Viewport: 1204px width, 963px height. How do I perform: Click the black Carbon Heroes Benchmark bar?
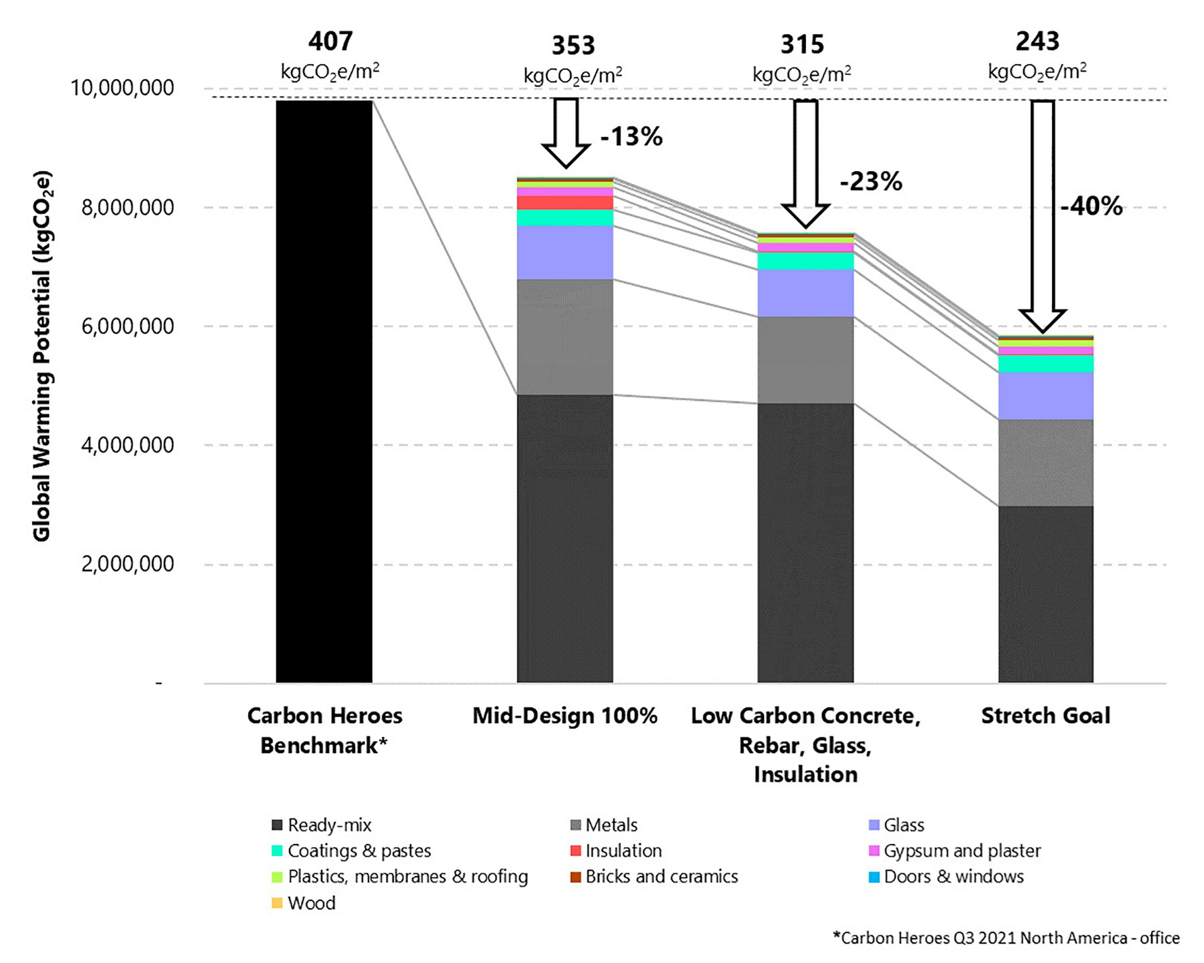pos(324,391)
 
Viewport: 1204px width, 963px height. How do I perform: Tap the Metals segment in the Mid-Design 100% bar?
pos(565,336)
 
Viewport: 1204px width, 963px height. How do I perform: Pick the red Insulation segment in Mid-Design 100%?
pos(565,203)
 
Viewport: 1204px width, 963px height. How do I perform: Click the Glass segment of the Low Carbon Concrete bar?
pos(805,293)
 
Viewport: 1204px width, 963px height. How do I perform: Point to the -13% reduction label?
pos(631,137)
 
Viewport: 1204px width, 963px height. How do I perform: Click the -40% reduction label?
pos(1091,207)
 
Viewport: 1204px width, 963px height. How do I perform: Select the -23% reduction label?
pos(870,181)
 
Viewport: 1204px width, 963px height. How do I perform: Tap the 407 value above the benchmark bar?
pos(330,41)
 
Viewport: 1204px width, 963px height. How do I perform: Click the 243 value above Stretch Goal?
pos(1037,41)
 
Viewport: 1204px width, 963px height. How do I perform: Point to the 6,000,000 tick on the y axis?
pos(127,326)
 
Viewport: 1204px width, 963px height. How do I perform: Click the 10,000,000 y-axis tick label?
pos(122,88)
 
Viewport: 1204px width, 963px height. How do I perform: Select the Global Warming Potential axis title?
pos(41,356)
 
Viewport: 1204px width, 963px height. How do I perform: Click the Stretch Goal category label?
pos(1045,716)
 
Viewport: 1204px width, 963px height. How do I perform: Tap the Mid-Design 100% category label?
pos(565,716)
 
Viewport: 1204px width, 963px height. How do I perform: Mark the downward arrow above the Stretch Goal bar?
pos(1042,214)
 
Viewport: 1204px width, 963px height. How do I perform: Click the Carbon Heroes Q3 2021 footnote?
pos(1006,938)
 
